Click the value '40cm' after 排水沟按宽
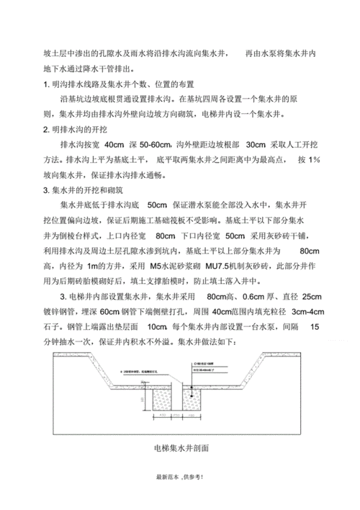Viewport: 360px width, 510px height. [115, 144]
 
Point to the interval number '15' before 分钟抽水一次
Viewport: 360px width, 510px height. [314, 327]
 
